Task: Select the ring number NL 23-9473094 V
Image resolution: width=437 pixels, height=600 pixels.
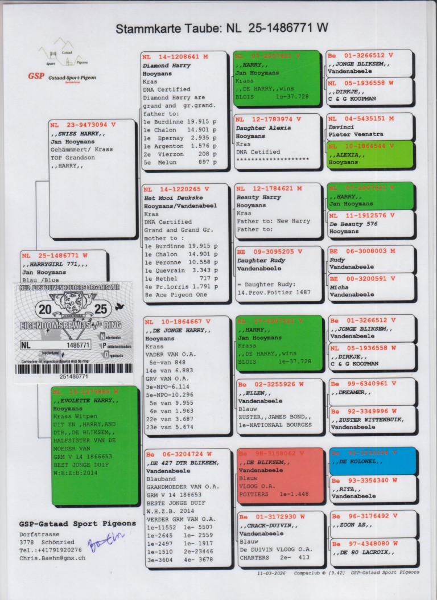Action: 83,124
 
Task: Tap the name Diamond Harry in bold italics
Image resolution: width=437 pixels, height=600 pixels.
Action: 167,65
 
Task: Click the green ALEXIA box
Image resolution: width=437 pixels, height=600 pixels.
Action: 370,154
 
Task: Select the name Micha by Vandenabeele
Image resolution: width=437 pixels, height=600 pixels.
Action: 339,287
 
